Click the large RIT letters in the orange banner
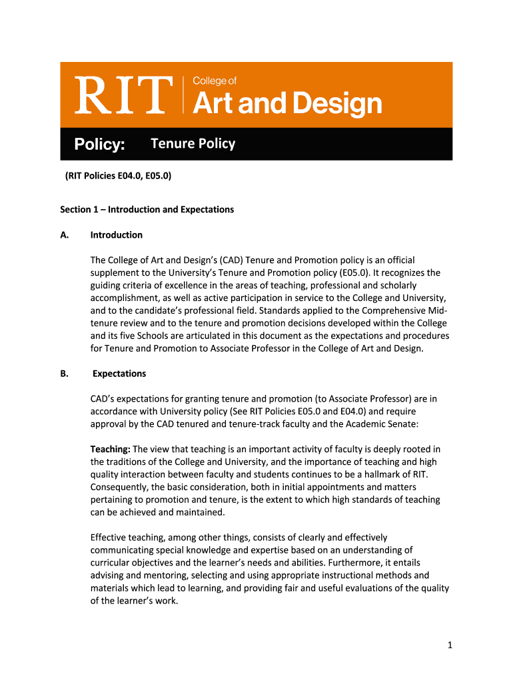click(x=125, y=95)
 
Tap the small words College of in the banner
click(x=215, y=81)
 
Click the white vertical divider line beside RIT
click(x=183, y=95)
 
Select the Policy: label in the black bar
click(x=99, y=145)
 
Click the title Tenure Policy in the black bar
click(x=193, y=144)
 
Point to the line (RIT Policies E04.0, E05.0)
click(x=118, y=176)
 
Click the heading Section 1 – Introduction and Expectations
click(x=147, y=209)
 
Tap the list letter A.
click(x=64, y=234)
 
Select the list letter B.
click(x=64, y=374)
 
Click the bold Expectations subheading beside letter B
click(x=119, y=374)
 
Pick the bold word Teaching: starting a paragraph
click(x=111, y=449)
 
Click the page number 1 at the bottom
click(x=450, y=645)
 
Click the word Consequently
click(x=121, y=487)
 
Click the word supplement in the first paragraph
click(x=114, y=272)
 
